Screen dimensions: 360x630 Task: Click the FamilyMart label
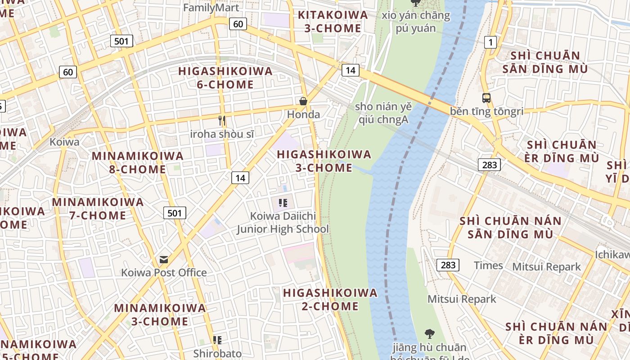click(205, 8)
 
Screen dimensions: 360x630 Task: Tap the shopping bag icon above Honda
click(303, 101)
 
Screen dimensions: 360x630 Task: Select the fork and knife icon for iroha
click(221, 121)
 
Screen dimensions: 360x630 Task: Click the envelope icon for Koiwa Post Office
click(164, 260)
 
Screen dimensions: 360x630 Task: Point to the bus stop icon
click(486, 98)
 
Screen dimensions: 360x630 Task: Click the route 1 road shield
click(490, 42)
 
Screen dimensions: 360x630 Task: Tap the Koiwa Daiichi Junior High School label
click(283, 222)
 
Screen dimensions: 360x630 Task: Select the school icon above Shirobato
click(217, 340)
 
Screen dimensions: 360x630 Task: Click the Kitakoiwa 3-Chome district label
click(333, 22)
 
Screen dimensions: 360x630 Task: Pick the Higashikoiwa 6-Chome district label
click(225, 78)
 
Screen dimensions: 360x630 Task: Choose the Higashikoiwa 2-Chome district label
click(330, 300)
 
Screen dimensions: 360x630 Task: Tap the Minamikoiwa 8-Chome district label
click(138, 162)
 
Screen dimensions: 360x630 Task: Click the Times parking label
click(488, 265)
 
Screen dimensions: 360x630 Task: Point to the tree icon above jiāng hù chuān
click(429, 334)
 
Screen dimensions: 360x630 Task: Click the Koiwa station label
click(64, 142)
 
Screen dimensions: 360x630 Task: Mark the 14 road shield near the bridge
click(350, 70)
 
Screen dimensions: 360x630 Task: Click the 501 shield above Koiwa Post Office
click(174, 213)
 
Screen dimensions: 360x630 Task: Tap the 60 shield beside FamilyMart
click(238, 24)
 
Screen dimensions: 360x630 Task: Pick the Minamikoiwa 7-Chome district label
click(98, 208)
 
